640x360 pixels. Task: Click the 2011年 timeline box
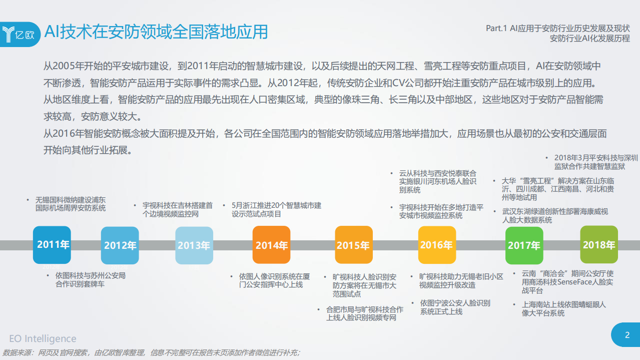point(52,245)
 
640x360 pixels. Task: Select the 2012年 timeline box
point(120,245)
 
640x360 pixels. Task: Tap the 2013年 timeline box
point(194,245)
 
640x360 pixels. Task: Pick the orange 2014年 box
point(271,245)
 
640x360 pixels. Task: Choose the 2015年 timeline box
point(353,245)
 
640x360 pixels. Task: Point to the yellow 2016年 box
point(436,245)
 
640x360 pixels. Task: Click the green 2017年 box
point(524,245)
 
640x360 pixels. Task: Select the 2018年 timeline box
point(598,245)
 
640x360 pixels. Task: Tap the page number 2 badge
point(627,335)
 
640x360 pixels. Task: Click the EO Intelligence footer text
point(43,339)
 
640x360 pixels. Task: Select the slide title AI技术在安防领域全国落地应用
point(156,32)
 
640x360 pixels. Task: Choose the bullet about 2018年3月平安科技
point(595,162)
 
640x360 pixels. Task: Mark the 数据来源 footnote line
point(151,352)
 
